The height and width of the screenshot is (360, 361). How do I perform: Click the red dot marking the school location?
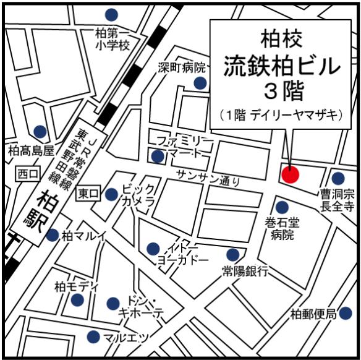(289, 174)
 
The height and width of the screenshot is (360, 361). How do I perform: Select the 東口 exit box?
(87, 194)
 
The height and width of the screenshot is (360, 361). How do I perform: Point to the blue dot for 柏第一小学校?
(111, 14)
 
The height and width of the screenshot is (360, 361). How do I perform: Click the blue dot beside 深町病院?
(199, 82)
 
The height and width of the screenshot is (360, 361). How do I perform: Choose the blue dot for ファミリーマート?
(158, 156)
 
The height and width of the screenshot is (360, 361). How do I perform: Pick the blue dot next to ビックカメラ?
(111, 194)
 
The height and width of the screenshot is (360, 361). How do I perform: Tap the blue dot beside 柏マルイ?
(53, 234)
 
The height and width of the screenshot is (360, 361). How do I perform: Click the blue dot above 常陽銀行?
(232, 254)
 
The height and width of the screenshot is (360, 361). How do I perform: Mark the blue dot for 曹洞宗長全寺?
(338, 178)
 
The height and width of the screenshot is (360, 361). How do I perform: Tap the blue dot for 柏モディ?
(77, 300)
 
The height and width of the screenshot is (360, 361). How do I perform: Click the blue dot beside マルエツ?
(93, 337)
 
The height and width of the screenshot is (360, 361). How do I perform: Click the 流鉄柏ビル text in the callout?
(282, 65)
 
